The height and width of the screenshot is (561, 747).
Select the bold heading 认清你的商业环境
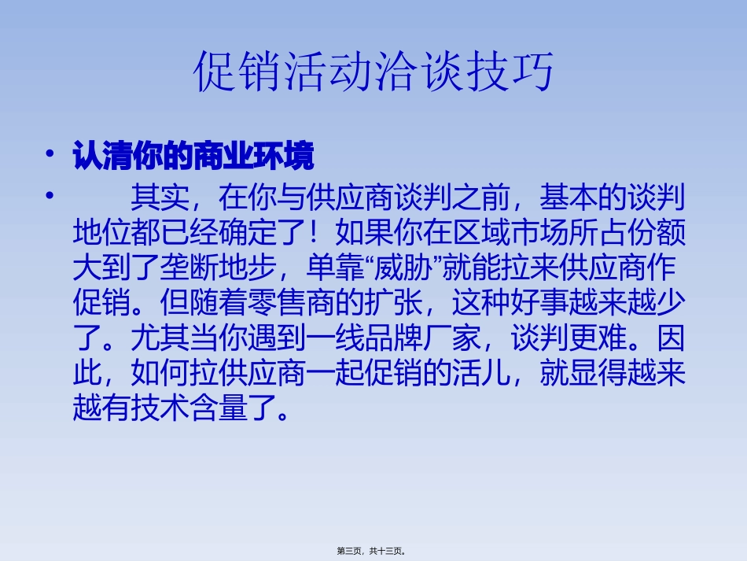(193, 157)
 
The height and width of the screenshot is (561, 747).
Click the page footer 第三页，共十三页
(373, 552)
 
